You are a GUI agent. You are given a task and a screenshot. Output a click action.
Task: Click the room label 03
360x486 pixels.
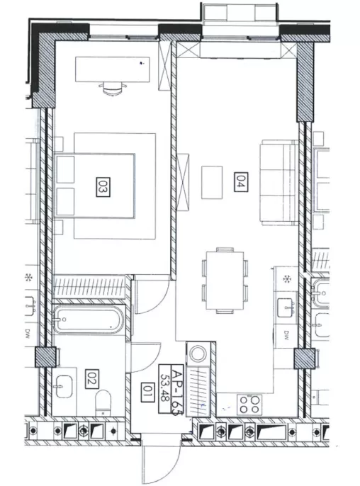pos(103,187)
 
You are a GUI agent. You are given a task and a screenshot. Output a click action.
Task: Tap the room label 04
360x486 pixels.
pos(241,182)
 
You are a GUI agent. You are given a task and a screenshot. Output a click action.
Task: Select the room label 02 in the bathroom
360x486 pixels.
pos(91,379)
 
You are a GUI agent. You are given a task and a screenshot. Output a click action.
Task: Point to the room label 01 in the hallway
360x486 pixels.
pos(147,392)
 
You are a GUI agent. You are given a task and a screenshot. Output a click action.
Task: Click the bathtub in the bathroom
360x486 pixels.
pos(89,320)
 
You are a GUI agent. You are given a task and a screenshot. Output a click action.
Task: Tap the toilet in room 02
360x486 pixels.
pos(103,402)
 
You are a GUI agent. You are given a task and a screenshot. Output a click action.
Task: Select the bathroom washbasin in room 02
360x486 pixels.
pos(64,387)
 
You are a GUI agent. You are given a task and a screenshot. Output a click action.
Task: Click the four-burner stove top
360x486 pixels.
pos(249,405)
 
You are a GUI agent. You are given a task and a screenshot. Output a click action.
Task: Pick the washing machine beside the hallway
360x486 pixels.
pos(198,354)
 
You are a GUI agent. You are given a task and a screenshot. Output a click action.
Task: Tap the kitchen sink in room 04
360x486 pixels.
pos(286,307)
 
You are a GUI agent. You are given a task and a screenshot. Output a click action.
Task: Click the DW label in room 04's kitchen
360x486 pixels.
pos(286,334)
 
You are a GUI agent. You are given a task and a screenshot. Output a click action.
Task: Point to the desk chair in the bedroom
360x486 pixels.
pos(113,89)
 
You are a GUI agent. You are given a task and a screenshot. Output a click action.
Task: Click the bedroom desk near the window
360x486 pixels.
pos(113,69)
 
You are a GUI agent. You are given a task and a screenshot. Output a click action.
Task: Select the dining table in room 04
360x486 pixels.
pos(225,281)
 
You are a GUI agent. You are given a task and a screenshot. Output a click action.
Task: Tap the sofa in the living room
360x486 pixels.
pos(279,183)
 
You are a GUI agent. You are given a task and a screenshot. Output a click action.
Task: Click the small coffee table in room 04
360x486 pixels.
pos(212,182)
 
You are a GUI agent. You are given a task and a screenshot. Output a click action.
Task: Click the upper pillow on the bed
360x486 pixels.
pos(66,169)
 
